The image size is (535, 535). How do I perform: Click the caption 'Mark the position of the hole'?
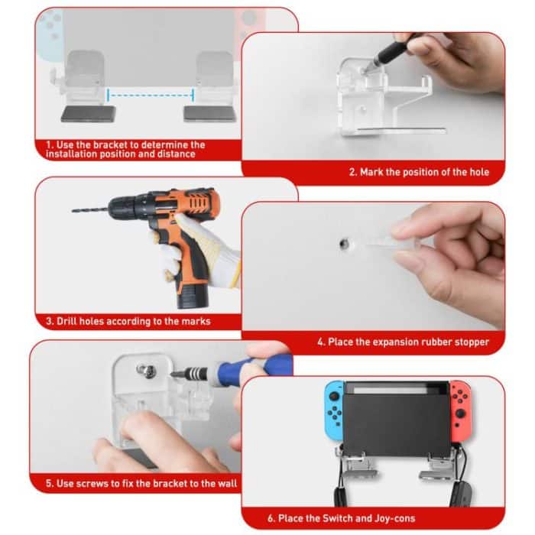[x=419, y=172]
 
